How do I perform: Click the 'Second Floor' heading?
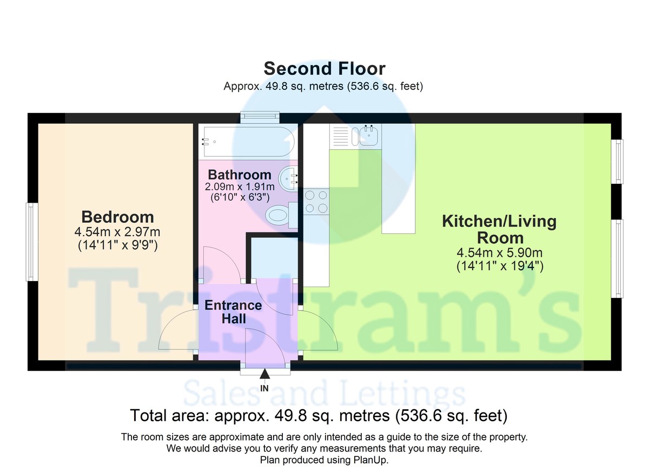[x=325, y=69]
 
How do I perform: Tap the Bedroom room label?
[x=118, y=217]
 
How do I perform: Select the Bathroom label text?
[x=240, y=175]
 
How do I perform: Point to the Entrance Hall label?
[x=234, y=312]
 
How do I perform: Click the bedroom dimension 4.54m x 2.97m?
[x=117, y=232]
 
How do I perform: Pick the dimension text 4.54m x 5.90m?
[x=500, y=253]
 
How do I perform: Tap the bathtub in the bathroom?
[x=249, y=142]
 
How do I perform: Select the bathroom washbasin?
[x=288, y=178]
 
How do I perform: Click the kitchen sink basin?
[x=368, y=136]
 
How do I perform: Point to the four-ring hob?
[x=316, y=202]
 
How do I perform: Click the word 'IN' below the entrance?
[x=264, y=388]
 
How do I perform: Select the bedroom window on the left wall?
[x=32, y=242]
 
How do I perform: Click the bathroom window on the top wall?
[x=260, y=117]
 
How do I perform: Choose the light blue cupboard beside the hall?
[x=274, y=258]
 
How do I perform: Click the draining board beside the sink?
[x=340, y=136]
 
